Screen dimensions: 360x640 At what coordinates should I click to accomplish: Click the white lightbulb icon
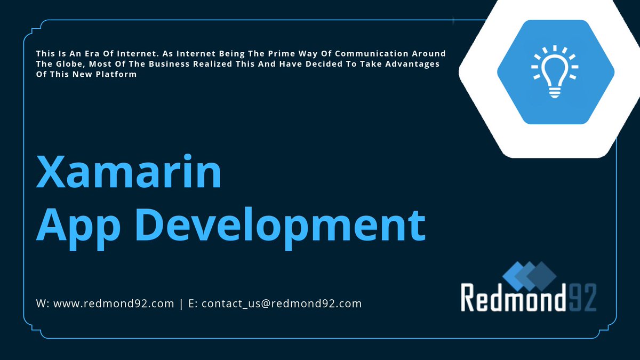click(x=555, y=72)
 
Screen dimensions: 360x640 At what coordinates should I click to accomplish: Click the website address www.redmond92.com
click(x=114, y=304)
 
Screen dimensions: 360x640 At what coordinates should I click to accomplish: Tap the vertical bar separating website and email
click(x=181, y=304)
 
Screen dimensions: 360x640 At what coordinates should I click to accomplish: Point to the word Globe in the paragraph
click(x=69, y=64)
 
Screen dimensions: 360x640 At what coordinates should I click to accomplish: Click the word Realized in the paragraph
click(x=209, y=64)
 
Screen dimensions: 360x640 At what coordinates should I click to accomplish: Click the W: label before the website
click(x=43, y=304)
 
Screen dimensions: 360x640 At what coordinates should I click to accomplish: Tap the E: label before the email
click(x=193, y=304)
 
